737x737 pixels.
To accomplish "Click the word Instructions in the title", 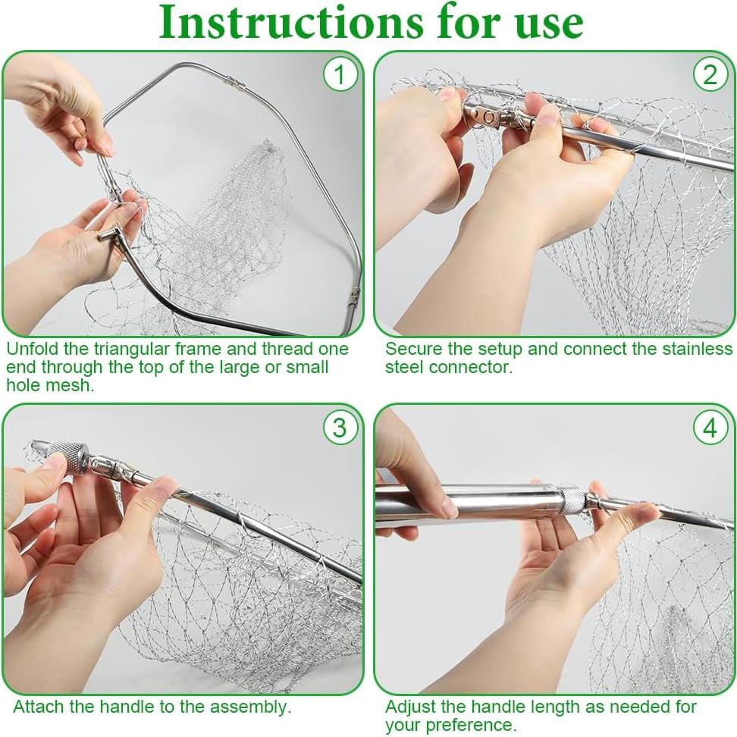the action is click(291, 22).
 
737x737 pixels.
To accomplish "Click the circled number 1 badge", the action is click(340, 74).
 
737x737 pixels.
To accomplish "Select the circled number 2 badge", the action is click(710, 74).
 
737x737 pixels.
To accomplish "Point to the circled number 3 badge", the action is click(340, 428).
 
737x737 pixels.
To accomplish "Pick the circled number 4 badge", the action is click(710, 428).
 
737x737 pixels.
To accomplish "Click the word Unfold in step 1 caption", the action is click(32, 349).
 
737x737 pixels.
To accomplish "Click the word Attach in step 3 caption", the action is click(38, 707).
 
